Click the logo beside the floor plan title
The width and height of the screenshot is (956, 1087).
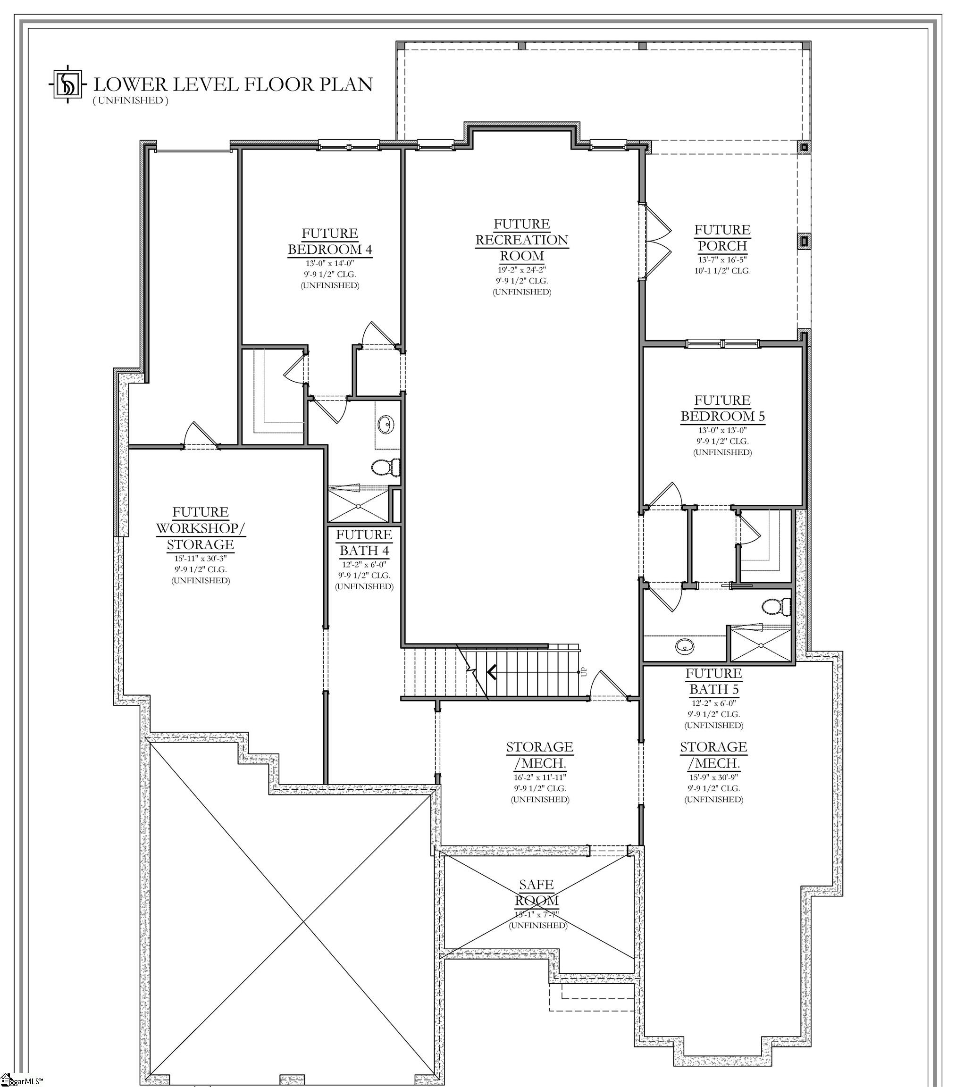coord(67,84)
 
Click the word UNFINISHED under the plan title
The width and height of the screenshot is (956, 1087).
coord(130,100)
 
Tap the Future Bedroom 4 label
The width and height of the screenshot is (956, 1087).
coord(330,242)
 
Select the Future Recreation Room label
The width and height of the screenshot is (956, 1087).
coord(521,240)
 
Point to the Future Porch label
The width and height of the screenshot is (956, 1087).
coord(722,238)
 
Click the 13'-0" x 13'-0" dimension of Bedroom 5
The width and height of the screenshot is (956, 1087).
coord(722,430)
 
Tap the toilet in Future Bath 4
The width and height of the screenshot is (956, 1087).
coord(385,468)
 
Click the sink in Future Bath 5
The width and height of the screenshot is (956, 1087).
coord(684,647)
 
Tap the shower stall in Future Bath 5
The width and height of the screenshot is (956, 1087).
coord(761,644)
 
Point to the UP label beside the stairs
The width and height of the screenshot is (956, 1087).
coord(584,672)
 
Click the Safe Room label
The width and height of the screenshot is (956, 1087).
coord(536,893)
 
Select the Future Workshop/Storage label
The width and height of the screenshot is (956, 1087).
coord(201,528)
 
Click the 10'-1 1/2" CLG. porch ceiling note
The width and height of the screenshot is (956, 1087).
coord(722,271)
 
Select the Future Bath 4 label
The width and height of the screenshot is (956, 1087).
coord(364,543)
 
